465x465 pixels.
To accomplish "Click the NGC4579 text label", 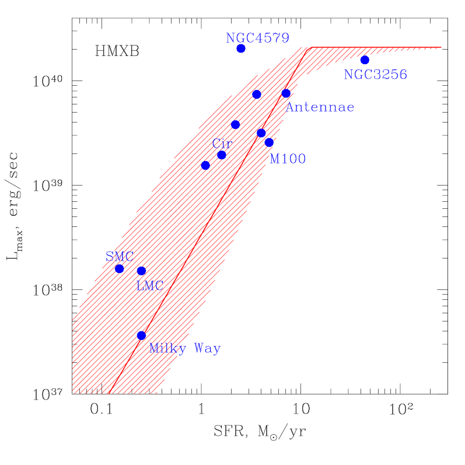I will [257, 39].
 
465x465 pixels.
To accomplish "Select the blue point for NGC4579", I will [241, 48].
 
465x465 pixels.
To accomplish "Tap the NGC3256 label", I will [375, 75].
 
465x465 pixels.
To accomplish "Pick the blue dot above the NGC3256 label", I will [365, 60].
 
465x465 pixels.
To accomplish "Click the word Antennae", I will [320, 107].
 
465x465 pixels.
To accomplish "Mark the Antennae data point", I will [286, 93].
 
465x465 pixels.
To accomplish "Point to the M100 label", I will [288, 159].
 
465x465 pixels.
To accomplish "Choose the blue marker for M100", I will [269, 142].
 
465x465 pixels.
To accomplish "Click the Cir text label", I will [222, 143].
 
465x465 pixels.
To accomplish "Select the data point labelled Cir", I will [222, 155].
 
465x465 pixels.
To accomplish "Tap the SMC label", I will [119, 257].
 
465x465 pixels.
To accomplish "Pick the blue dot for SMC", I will [119, 268].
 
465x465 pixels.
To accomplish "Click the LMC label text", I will [149, 286].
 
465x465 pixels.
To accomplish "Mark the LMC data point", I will [141, 271].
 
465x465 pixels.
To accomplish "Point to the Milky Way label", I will [184, 349].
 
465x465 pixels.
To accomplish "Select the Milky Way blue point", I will [141, 335].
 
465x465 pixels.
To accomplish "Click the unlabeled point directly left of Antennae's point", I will [257, 94].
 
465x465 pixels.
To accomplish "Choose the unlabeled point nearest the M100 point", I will [261, 132].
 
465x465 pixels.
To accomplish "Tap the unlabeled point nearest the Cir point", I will [205, 165].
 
